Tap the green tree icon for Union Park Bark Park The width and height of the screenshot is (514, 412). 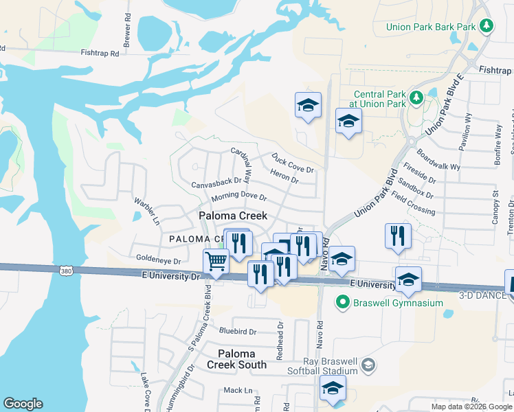point(487,26)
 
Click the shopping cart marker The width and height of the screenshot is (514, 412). point(216,262)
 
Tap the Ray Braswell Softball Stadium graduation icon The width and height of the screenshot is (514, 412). point(369,364)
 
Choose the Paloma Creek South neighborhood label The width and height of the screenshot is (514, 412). point(237,359)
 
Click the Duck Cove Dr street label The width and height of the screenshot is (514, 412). point(292,163)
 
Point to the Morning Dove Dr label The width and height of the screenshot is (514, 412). point(238,197)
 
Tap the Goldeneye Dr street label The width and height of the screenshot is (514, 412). point(158,261)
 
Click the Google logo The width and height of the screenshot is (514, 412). point(23,404)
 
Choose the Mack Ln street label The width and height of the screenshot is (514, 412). point(238,390)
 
